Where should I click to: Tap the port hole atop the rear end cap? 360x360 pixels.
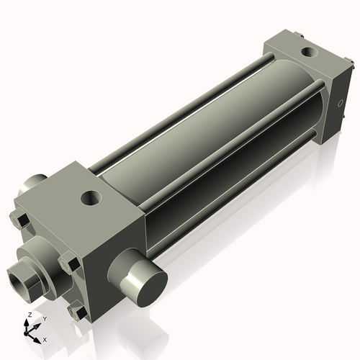coord(310,52)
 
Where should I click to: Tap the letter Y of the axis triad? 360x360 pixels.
coord(44,318)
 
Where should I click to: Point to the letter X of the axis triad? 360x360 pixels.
coord(45,338)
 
